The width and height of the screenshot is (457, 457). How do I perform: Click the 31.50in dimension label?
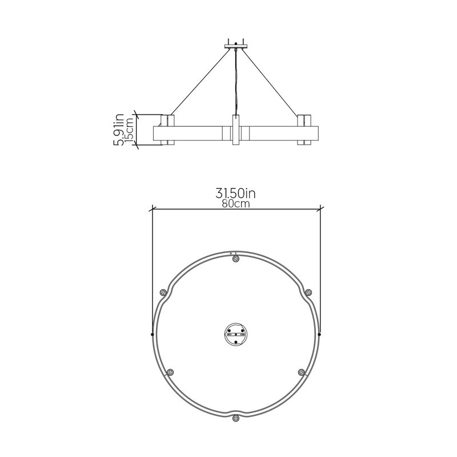point(235,193)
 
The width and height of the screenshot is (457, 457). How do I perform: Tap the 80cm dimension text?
point(236,204)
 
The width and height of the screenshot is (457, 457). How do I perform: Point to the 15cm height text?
point(129,130)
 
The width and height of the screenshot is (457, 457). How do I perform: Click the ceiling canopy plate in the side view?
point(236,46)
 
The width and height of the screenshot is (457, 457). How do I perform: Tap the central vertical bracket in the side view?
point(235,130)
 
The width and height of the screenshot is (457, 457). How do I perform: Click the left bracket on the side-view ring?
point(167,130)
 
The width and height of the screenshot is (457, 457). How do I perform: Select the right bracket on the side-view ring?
point(304,130)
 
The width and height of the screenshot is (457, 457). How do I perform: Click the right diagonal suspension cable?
point(271,82)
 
